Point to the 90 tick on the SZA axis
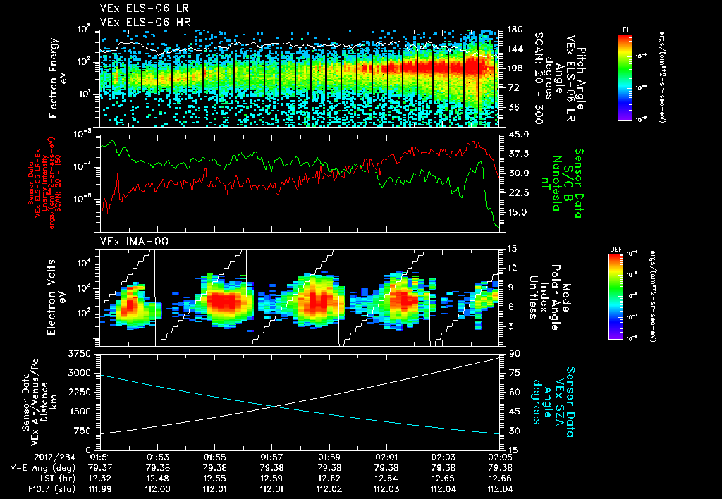pyautogui.click(x=515, y=352)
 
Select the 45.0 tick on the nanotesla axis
pyautogui.click(x=519, y=134)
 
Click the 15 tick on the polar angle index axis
pyautogui.click(x=513, y=248)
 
